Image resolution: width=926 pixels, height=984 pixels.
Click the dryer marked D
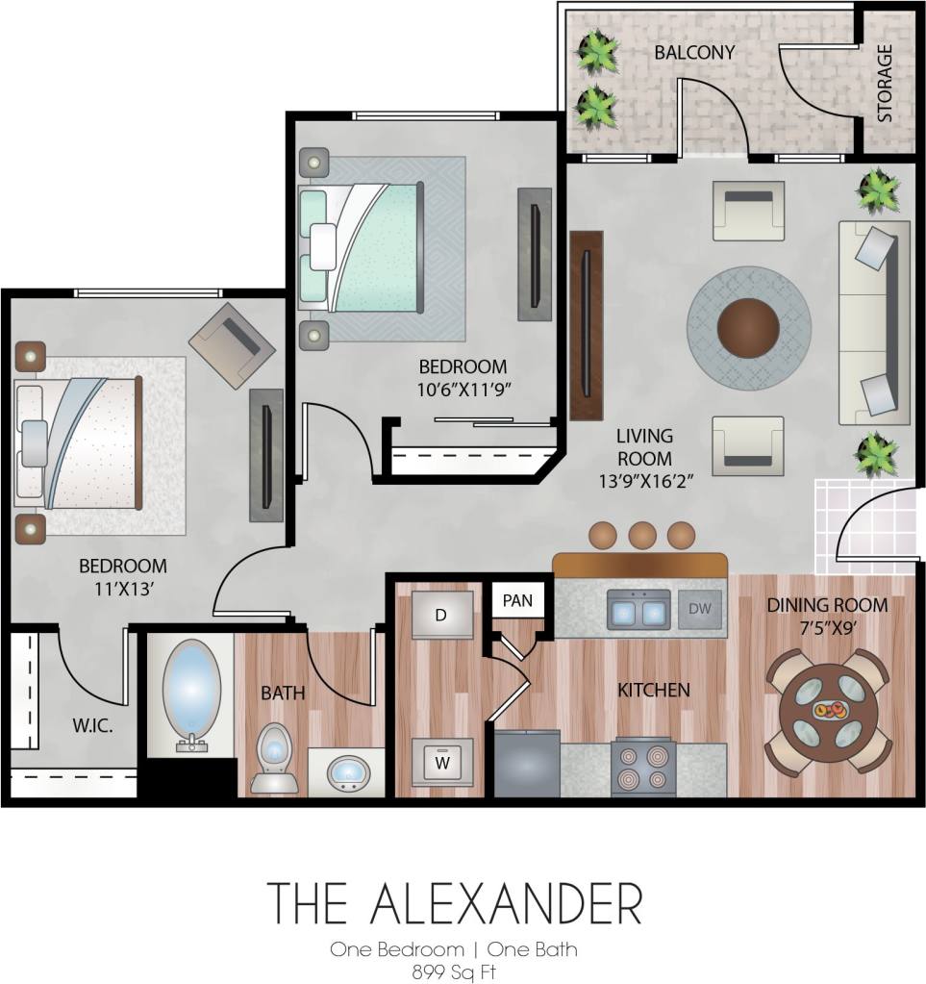[441, 616]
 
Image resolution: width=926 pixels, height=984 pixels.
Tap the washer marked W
[441, 763]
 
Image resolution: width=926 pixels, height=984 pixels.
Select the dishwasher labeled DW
[699, 609]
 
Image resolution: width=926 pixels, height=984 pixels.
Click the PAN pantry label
[517, 601]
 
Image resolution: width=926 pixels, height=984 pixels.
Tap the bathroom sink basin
[348, 770]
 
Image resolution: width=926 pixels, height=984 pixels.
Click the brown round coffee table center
[748, 327]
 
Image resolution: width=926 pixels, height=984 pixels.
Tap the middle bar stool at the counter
[641, 535]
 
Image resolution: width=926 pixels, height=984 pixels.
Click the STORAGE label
[885, 83]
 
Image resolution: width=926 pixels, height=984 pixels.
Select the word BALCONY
[694, 52]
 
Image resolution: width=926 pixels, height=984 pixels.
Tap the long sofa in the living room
[873, 322]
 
